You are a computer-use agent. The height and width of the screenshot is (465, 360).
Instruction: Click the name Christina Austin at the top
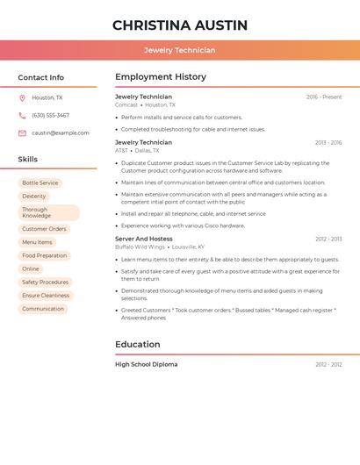tap(180, 25)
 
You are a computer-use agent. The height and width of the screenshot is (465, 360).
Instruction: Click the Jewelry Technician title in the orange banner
tap(180, 50)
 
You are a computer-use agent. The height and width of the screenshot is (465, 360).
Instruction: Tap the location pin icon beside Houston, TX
tap(22, 97)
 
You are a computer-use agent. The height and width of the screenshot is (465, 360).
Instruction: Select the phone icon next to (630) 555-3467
tap(22, 115)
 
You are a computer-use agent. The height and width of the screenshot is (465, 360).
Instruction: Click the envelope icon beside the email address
tap(22, 132)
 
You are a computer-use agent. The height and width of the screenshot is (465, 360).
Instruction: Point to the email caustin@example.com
tap(60, 132)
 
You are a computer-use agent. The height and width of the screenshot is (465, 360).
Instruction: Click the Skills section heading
tap(28, 159)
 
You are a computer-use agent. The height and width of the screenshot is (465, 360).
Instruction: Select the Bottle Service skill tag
tap(40, 182)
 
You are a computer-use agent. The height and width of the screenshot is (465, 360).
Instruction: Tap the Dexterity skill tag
tap(34, 196)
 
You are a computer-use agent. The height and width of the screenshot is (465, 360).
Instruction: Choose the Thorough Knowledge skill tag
tap(48, 212)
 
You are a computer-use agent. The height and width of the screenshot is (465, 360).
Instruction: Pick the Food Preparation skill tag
tap(44, 255)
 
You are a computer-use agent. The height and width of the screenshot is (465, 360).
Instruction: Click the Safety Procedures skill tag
tap(45, 282)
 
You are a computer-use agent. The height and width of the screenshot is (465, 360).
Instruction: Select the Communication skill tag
tap(43, 308)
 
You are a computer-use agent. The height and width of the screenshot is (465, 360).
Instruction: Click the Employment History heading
tap(161, 76)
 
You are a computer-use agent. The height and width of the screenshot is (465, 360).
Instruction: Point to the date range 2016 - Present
tap(324, 97)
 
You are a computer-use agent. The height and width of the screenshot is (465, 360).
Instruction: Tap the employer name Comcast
tap(126, 104)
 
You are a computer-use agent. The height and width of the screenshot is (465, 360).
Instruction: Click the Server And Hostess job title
tap(144, 239)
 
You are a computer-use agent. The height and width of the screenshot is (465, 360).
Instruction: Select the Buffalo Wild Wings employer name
tap(140, 247)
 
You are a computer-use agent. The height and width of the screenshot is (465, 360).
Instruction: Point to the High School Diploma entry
tap(147, 364)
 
